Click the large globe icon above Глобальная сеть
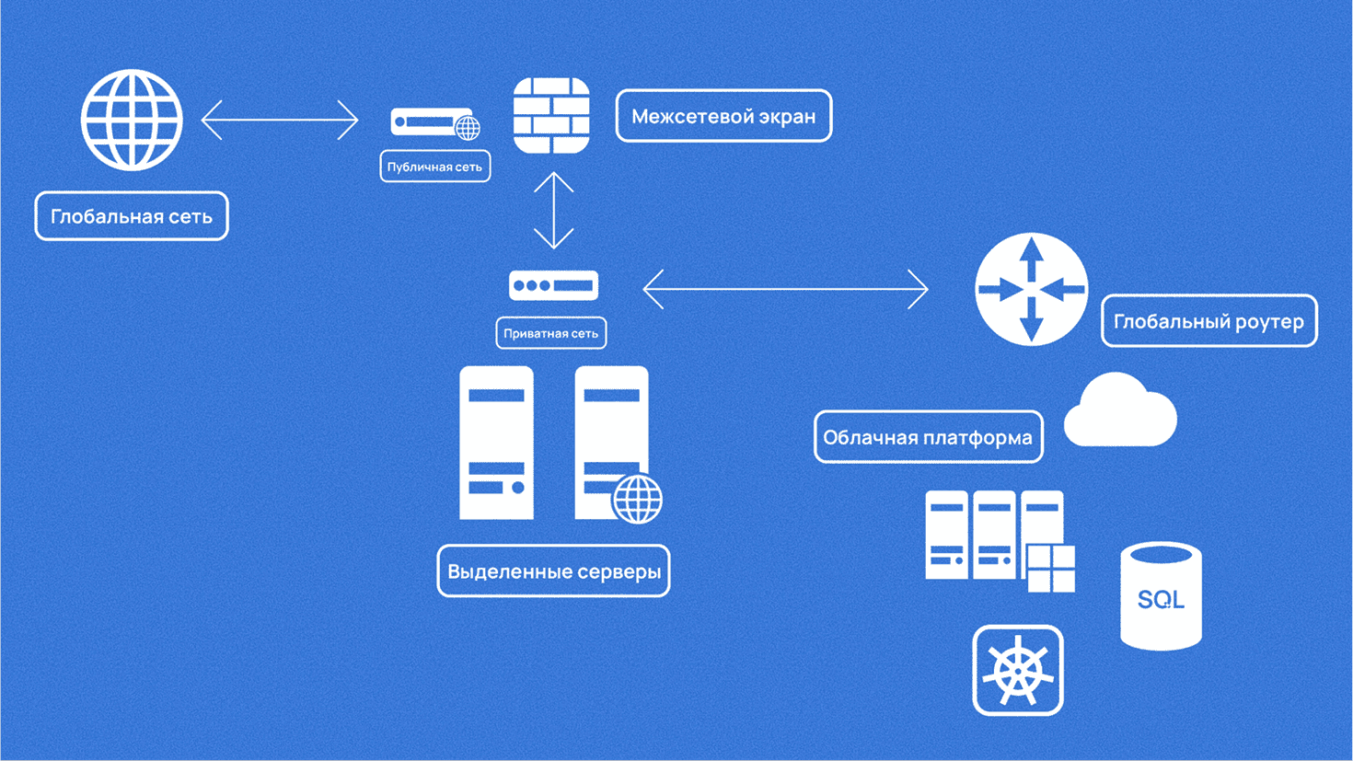tap(132, 120)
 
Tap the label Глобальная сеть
tap(132, 216)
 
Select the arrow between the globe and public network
tap(280, 120)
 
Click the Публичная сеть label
tap(434, 167)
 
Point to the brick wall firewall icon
tap(551, 116)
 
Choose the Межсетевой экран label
tap(723, 116)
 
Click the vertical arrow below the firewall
tap(553, 210)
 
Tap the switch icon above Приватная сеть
tap(553, 285)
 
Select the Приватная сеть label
tap(550, 333)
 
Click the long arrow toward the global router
tap(785, 289)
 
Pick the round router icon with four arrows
tap(1031, 289)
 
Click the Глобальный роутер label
tap(1208, 321)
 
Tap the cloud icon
tap(1119, 412)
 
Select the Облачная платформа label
tap(928, 437)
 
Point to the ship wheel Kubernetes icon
tap(1018, 670)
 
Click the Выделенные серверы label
tap(553, 571)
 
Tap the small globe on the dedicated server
tap(637, 500)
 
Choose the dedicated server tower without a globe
tap(496, 443)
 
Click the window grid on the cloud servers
tap(1050, 568)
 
